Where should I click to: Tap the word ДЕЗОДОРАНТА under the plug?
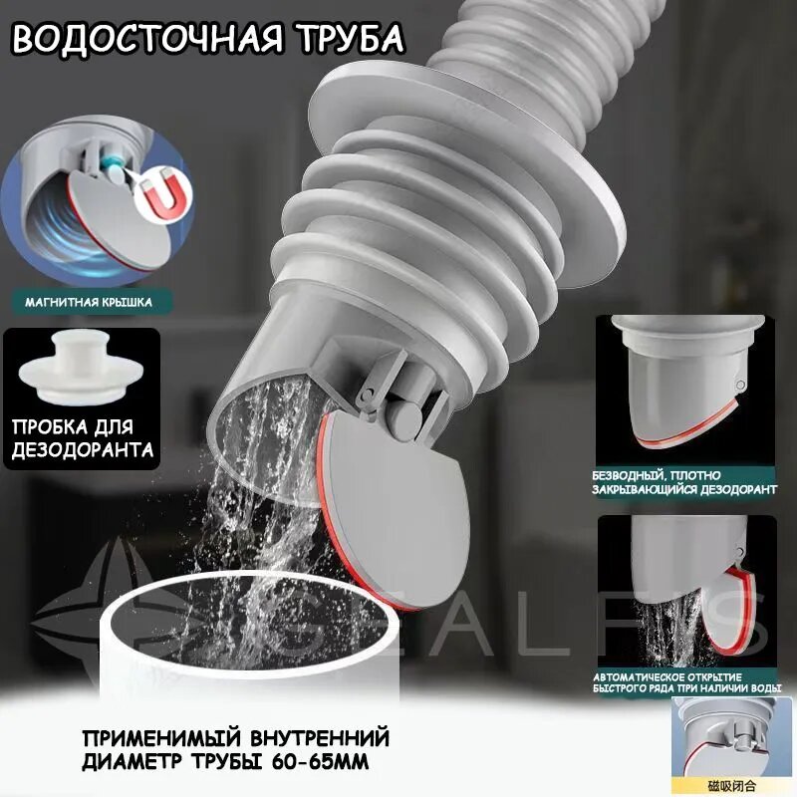tap(83, 450)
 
